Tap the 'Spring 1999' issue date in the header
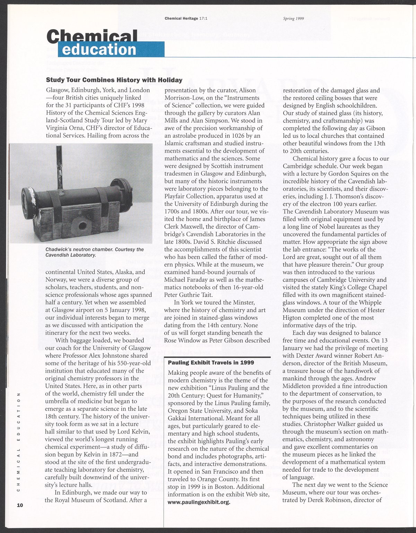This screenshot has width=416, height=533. tap(294, 18)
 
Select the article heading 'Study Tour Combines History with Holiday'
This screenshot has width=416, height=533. tap(114, 80)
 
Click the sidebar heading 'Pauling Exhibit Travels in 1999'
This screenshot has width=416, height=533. tap(211, 363)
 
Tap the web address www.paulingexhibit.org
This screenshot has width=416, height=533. tap(199, 502)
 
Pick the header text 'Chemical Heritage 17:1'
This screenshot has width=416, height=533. tap(186, 18)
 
